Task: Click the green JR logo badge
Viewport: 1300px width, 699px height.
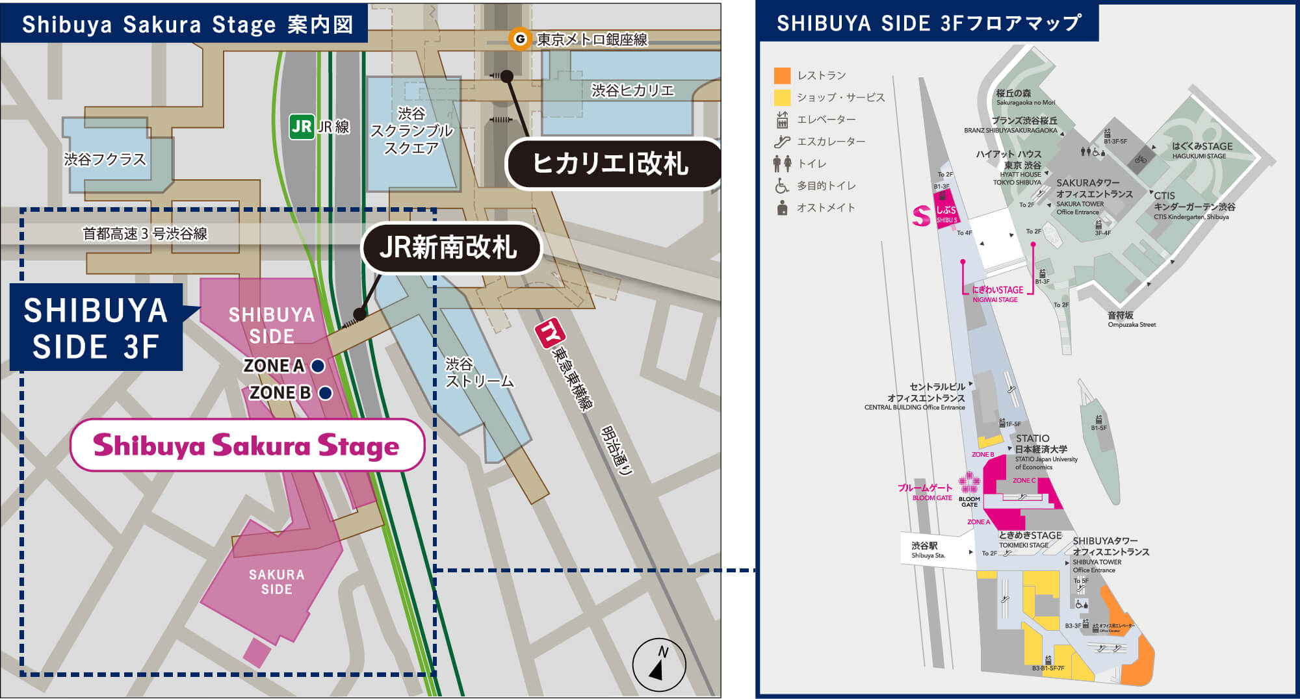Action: pyautogui.click(x=302, y=127)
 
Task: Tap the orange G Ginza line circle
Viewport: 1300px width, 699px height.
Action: pyautogui.click(x=519, y=40)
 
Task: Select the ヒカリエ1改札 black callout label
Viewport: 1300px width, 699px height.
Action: pyautogui.click(x=611, y=163)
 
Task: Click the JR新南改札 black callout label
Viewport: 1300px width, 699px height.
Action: pyautogui.click(x=450, y=248)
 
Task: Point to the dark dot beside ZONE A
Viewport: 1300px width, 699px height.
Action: pyautogui.click(x=318, y=366)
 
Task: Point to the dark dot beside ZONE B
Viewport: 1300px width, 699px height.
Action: pyautogui.click(x=326, y=393)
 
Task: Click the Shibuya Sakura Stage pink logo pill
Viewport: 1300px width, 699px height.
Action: pyautogui.click(x=247, y=446)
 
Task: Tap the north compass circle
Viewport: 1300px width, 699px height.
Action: pyautogui.click(x=659, y=665)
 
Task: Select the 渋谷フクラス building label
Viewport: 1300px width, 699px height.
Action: pyautogui.click(x=105, y=159)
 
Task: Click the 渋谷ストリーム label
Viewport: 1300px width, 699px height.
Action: pyautogui.click(x=478, y=373)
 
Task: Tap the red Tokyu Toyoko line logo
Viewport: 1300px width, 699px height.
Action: pyautogui.click(x=549, y=333)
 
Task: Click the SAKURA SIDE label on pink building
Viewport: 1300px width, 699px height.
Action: pyautogui.click(x=276, y=582)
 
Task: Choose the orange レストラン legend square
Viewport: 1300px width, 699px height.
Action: pyautogui.click(x=782, y=75)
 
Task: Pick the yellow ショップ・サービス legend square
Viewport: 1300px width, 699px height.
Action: pyautogui.click(x=782, y=97)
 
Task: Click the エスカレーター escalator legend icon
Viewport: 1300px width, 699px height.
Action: pyautogui.click(x=782, y=142)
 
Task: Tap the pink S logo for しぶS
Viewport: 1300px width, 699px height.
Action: pyautogui.click(x=921, y=216)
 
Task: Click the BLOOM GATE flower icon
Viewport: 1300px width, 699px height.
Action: pyautogui.click(x=969, y=483)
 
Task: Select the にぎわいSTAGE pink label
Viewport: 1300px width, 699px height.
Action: pyautogui.click(x=997, y=290)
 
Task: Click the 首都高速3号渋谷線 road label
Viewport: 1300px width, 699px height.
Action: pyautogui.click(x=145, y=234)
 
